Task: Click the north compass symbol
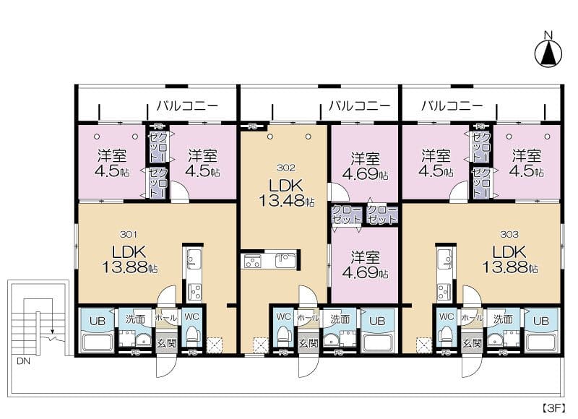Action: tap(548, 53)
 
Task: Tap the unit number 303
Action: tap(509, 234)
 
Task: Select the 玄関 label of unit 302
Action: tap(309, 343)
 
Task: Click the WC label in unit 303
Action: tap(447, 316)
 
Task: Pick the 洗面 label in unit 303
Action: tap(501, 316)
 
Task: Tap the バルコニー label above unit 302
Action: tap(359, 106)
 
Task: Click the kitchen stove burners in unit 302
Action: tap(252, 262)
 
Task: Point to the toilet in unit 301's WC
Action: tap(192, 337)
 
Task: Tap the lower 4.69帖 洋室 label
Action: tap(365, 265)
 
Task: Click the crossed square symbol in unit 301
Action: tap(214, 345)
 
